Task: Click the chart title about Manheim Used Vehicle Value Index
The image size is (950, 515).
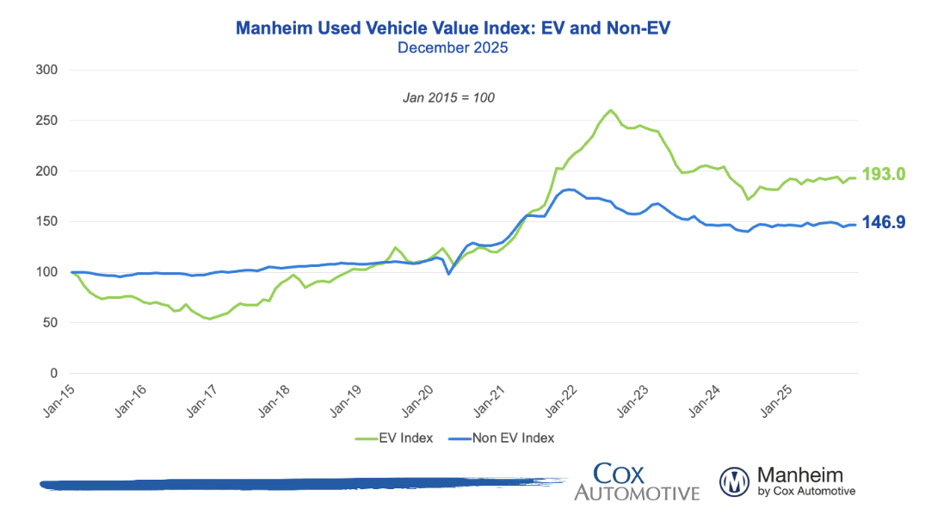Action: [453, 28]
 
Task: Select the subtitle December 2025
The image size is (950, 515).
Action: [453, 48]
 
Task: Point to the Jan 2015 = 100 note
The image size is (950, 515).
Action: [448, 97]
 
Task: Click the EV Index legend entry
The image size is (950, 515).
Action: [397, 437]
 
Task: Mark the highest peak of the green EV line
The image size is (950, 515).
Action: [611, 110]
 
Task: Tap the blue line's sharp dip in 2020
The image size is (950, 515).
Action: [448, 274]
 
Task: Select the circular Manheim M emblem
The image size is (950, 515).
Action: [735, 482]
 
